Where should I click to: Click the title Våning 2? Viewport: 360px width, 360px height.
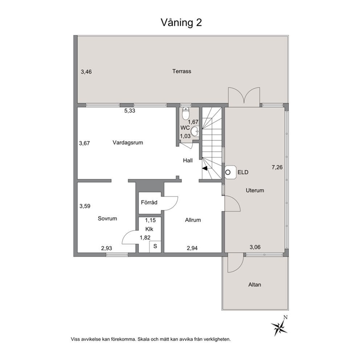tap(181, 22)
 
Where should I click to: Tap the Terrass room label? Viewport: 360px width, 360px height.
tap(181, 71)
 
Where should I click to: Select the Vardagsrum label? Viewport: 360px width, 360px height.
tap(128, 143)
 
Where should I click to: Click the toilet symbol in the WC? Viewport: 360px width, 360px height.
tap(186, 114)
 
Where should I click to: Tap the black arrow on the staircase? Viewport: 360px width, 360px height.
tap(205, 168)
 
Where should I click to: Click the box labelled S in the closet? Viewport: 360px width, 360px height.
tap(155, 246)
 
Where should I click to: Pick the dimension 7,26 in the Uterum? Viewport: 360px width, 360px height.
tap(277, 167)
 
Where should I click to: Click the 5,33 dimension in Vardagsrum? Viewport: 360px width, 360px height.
tap(130, 111)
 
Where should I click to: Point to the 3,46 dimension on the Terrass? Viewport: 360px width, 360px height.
tap(86, 72)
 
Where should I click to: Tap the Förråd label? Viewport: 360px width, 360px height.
tap(149, 202)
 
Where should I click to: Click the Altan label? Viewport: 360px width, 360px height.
tap(254, 285)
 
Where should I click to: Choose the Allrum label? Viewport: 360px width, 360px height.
tap(193, 220)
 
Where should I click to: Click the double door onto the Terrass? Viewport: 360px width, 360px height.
tap(244, 97)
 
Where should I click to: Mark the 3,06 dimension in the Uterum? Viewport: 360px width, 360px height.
tap(255, 247)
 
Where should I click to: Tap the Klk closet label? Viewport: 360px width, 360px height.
tap(149, 229)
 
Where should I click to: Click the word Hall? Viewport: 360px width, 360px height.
tap(187, 160)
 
